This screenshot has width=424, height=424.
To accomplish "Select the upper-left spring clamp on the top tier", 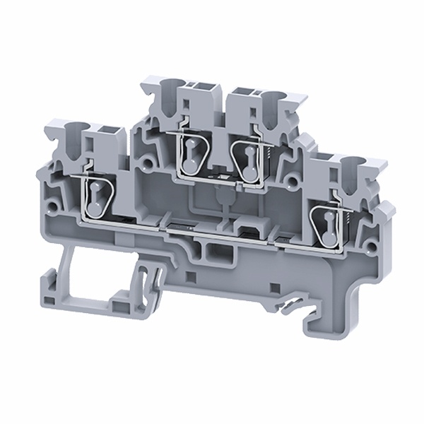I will [x=189, y=151].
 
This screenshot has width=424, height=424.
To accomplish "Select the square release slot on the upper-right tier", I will [x=242, y=93].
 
